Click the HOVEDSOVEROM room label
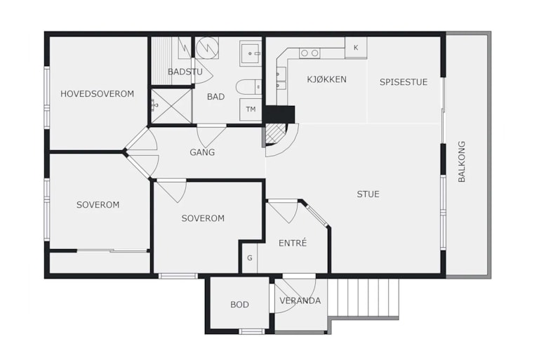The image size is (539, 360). tap(98, 94)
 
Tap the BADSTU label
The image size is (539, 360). tap(185, 72)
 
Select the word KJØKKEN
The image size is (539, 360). tap(326, 79)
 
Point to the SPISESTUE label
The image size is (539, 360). tap(404, 82)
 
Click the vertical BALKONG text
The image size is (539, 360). tap(461, 161)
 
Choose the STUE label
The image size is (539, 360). tap(368, 194)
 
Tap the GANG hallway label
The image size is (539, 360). tap(202, 152)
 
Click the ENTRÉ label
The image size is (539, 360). tap(293, 243)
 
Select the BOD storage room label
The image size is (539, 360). tap(239, 305)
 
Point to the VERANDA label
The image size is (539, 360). tap(300, 300)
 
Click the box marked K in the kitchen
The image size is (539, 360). tap(356, 48)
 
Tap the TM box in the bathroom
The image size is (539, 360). tap(251, 109)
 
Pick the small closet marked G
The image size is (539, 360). tap(250, 258)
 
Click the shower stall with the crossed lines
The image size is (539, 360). tap(171, 106)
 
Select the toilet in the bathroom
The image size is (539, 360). tap(248, 86)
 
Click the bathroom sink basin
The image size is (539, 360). tap(251, 53)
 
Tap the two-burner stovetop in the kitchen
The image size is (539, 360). tap(310, 53)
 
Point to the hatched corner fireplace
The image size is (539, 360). tap(275, 134)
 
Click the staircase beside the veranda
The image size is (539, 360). tap(363, 298)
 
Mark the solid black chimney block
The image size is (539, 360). tap(279, 114)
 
